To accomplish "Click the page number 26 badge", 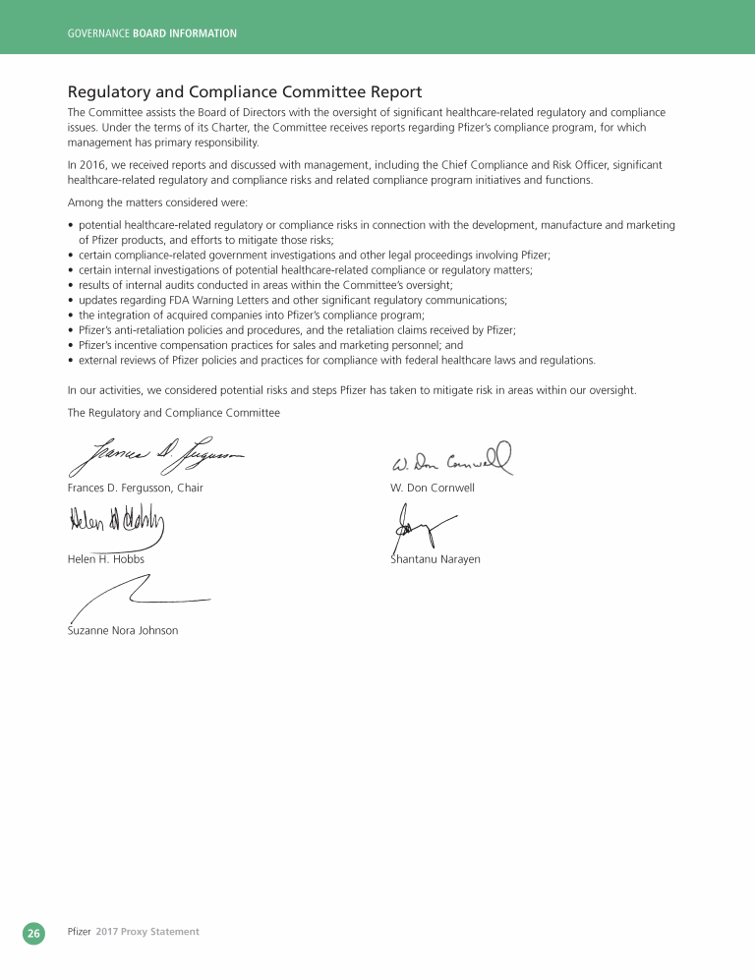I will point(33,933).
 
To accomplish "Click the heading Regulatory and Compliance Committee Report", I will point(245,92).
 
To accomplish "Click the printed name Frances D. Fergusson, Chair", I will point(135,489).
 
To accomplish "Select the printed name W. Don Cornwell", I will point(433,489).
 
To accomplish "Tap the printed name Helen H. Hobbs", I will point(105,559).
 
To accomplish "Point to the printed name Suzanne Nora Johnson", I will point(123,630).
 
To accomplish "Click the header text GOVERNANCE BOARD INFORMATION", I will point(151,33).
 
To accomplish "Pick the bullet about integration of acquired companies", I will point(252,316).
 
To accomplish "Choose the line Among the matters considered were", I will point(157,202).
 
